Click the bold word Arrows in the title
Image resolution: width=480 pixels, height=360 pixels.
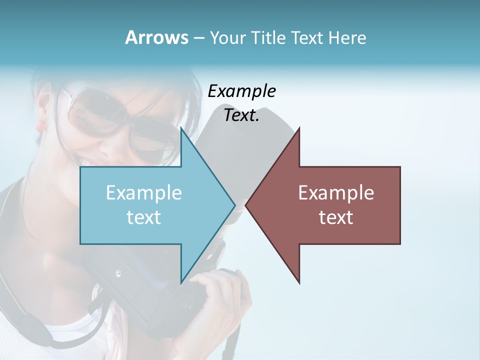pos(156,37)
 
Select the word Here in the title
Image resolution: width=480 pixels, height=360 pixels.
pos(347,37)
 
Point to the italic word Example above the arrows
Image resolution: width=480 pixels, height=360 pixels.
pos(241,91)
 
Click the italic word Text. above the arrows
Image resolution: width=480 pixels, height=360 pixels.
pos(241,115)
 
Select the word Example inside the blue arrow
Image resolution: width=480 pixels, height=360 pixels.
pos(144,192)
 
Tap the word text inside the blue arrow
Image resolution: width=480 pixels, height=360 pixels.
pos(144,217)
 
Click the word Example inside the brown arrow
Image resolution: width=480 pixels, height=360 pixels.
pos(336,192)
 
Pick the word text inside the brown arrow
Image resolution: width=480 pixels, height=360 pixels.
pos(336,217)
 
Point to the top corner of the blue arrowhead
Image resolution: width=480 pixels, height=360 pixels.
pos(181,129)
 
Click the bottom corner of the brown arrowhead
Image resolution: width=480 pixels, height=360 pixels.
pos(299,282)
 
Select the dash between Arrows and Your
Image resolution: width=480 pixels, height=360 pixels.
pos(198,38)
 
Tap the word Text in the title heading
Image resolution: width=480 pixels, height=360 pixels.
pos(307,37)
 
